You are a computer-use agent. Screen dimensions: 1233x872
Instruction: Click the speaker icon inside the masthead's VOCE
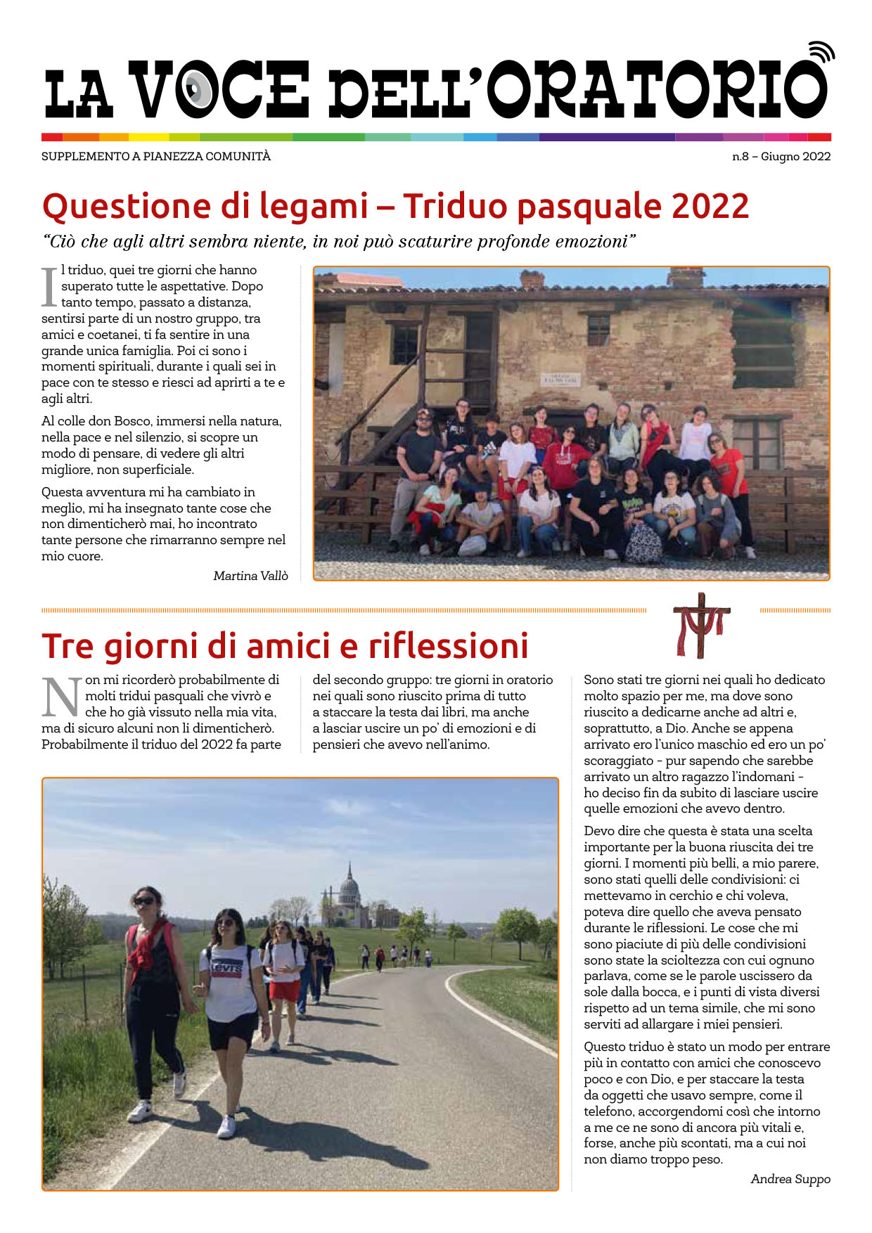198,89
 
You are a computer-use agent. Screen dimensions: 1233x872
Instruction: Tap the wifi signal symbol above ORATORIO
821,52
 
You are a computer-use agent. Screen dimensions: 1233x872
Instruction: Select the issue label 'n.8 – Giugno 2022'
781,157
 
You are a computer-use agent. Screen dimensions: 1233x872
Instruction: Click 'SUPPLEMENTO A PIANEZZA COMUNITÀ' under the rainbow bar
155,157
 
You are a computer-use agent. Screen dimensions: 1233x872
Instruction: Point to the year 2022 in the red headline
710,207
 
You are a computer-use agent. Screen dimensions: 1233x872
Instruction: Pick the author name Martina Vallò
250,576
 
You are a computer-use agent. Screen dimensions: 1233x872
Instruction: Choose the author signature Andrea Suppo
790,1179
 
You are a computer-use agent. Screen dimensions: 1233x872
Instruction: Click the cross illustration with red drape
701,625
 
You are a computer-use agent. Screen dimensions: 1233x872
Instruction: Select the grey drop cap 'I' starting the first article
49,287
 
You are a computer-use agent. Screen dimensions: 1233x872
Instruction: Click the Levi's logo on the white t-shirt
226,968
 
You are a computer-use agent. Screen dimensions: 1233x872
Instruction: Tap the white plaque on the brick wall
560,380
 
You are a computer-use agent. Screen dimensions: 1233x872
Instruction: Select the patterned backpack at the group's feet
643,543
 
